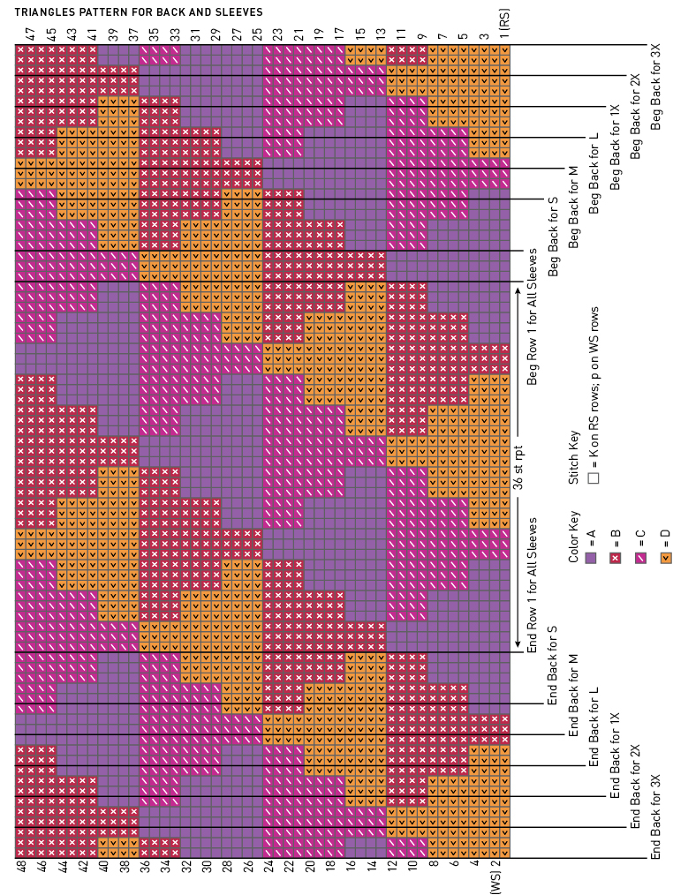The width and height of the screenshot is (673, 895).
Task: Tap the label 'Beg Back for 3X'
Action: coord(656,86)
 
